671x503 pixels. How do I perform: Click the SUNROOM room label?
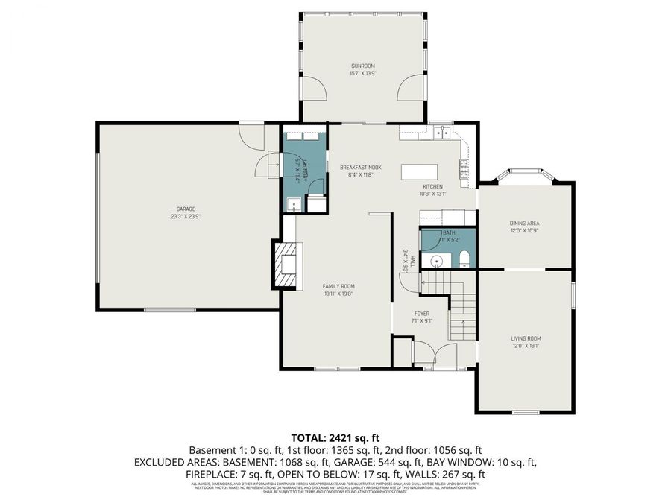(362, 66)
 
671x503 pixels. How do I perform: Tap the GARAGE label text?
(186, 209)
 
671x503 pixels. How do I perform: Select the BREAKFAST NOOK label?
(360, 168)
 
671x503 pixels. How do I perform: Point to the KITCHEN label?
(433, 186)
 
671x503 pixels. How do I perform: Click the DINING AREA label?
(524, 223)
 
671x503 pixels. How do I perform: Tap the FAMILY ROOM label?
(338, 286)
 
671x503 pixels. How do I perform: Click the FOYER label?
(422, 314)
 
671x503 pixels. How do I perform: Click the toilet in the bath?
(464, 259)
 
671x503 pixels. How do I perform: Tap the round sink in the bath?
(436, 260)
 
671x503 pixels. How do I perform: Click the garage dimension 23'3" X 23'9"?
(186, 217)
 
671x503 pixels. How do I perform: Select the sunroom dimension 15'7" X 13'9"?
(362, 73)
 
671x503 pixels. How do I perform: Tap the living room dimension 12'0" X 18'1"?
(525, 346)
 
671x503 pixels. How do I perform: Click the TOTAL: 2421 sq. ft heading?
(335, 437)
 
